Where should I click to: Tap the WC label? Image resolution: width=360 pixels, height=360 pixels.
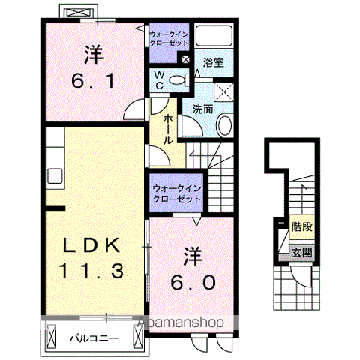(x=160, y=79)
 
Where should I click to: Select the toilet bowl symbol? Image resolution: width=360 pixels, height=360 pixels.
(x=178, y=80)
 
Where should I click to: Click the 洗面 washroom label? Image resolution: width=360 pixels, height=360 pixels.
(x=202, y=109)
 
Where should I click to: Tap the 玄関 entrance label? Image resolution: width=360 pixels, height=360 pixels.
(x=301, y=253)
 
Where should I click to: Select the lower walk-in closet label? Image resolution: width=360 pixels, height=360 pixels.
(x=176, y=194)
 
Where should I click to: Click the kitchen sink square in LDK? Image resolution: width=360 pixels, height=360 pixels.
(x=55, y=177)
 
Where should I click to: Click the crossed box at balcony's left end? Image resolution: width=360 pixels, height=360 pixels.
(x=51, y=338)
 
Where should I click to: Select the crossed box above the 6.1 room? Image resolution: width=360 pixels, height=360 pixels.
(x=79, y=14)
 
